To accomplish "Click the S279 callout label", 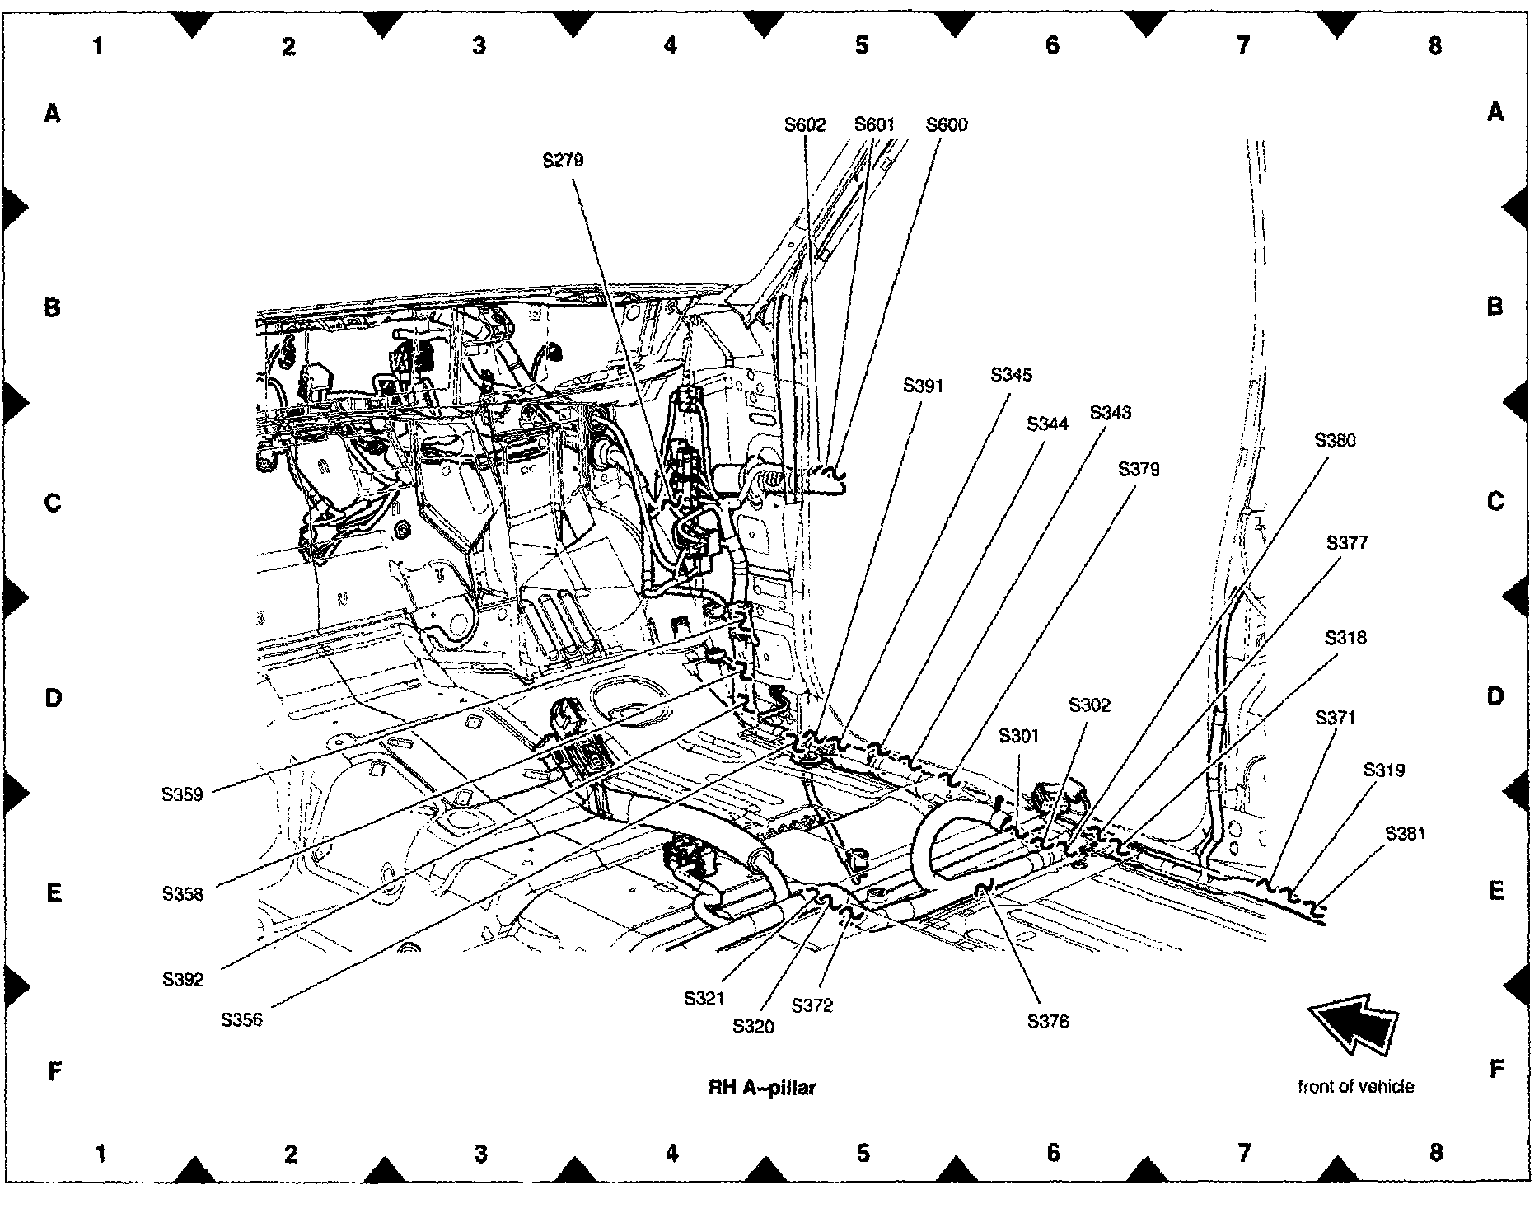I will (x=563, y=160).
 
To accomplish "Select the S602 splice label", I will (x=804, y=125).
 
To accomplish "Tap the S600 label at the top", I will (x=947, y=125).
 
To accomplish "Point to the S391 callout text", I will (x=923, y=386).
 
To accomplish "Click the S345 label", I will (x=1011, y=375).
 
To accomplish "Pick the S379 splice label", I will (x=1139, y=469).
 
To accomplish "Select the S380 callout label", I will (x=1335, y=440).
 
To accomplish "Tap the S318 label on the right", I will (x=1345, y=638).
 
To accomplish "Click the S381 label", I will (x=1405, y=833).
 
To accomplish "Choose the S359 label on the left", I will (x=183, y=795).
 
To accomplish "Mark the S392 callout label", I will (x=183, y=980).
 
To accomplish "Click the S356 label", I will (x=241, y=1019).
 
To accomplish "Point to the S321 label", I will (x=704, y=998).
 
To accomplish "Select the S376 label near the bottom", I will (x=1048, y=1022).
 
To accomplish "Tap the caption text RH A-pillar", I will (x=762, y=1088).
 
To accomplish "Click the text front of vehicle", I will (x=1355, y=1086).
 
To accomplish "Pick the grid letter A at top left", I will (x=53, y=113).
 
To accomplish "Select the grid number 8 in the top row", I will (x=1434, y=45).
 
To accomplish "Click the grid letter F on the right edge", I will (x=1496, y=1070).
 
